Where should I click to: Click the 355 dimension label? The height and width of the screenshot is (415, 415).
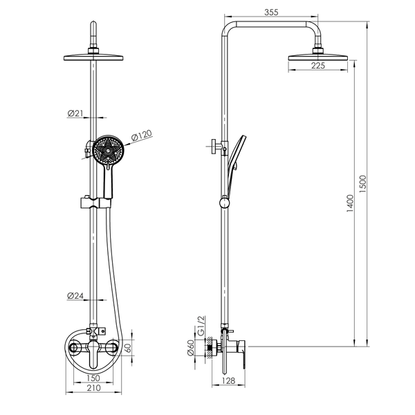coord(271,12)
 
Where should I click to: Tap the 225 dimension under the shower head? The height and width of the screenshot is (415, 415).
coord(318,66)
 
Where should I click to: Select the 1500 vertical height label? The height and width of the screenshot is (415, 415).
coord(362,184)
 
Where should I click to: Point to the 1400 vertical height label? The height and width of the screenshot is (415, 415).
coord(350,203)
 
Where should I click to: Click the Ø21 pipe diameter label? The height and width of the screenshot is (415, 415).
coord(75,113)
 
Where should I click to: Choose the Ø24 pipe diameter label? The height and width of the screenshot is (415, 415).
coord(75,295)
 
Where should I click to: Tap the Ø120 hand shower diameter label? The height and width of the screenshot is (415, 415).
coord(142,135)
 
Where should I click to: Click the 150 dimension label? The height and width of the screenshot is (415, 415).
coord(93,378)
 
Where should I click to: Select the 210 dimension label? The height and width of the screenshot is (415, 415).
coord(93,388)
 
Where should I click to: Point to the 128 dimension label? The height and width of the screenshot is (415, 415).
coord(228,381)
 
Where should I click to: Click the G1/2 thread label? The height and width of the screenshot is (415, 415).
coord(201,326)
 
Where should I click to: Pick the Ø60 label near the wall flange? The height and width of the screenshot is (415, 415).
coord(191,348)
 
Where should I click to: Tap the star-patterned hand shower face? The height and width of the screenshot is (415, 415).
coord(109,150)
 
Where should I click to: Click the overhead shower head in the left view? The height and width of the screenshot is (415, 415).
coord(93,57)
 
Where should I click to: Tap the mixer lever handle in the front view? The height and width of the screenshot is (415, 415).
coord(93,355)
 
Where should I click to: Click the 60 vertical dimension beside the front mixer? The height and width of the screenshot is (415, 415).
coord(129,347)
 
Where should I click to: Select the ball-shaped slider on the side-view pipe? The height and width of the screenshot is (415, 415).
coord(225,203)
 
